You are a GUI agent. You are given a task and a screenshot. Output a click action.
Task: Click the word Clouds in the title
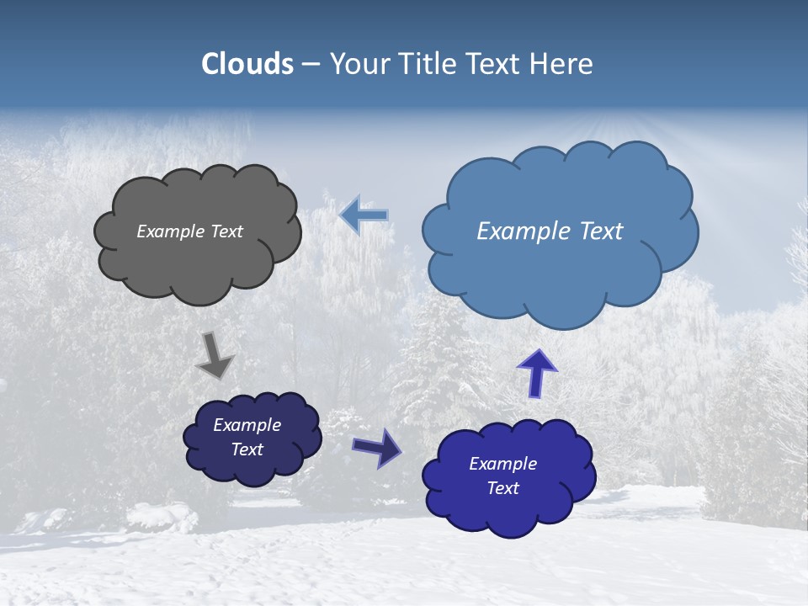tap(247, 64)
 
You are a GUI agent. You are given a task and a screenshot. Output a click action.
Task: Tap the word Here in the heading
tap(561, 64)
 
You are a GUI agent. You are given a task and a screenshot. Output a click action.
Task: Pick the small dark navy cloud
tap(252, 467)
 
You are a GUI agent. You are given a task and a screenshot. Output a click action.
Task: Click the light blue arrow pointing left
tap(364, 215)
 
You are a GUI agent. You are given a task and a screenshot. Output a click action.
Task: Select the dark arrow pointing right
tap(376, 447)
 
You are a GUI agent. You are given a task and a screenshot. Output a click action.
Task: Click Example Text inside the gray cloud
tap(189, 231)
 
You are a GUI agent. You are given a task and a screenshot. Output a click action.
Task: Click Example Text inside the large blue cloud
tap(550, 231)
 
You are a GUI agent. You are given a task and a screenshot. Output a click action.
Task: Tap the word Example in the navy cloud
tap(247, 425)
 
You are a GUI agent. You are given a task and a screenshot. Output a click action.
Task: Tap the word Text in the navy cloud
tap(247, 449)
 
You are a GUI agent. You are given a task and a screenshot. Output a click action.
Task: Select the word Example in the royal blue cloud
tap(502, 464)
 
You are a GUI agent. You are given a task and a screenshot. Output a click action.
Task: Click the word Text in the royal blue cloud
tap(502, 488)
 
